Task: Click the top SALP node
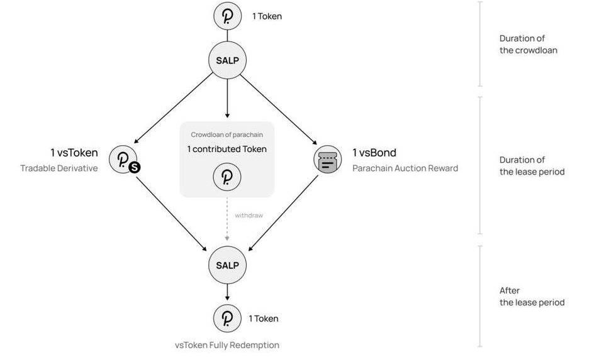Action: [227, 60]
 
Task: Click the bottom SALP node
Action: [227, 265]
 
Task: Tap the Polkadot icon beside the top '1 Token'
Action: [227, 16]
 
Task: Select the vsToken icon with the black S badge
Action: [123, 160]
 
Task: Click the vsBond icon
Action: [327, 160]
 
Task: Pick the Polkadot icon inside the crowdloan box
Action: [227, 177]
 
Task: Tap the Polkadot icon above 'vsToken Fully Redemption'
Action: [227, 319]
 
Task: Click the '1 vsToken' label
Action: [74, 153]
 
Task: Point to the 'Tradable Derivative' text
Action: [59, 168]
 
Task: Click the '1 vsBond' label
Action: [374, 153]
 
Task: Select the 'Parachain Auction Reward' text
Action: [405, 168]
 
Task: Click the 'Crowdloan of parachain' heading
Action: [227, 134]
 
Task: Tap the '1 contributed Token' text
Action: [227, 149]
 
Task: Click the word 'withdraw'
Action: [249, 215]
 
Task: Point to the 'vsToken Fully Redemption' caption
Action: [227, 345]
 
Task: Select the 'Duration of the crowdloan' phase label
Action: [528, 44]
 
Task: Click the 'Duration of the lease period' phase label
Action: [532, 165]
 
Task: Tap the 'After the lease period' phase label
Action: [532, 297]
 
